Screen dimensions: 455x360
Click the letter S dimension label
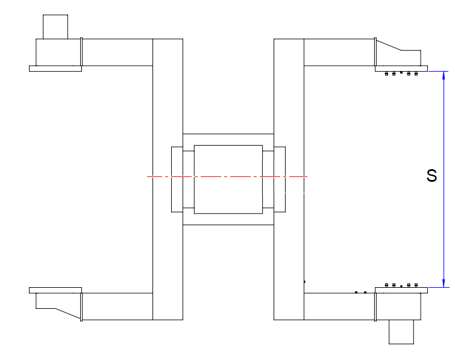[431, 176]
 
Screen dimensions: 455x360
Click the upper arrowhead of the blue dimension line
[444, 75]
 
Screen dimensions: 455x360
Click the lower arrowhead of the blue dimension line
[444, 284]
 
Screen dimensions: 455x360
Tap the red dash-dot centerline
[227, 176]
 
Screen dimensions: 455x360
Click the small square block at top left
[55, 26]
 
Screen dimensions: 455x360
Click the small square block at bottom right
[401, 332]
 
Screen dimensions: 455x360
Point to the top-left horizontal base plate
[55, 69]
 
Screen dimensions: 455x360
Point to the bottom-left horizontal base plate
[55, 290]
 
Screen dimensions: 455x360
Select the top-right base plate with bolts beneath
[401, 69]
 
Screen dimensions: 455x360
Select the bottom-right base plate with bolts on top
[401, 290]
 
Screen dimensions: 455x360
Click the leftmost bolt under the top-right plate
[386, 73]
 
